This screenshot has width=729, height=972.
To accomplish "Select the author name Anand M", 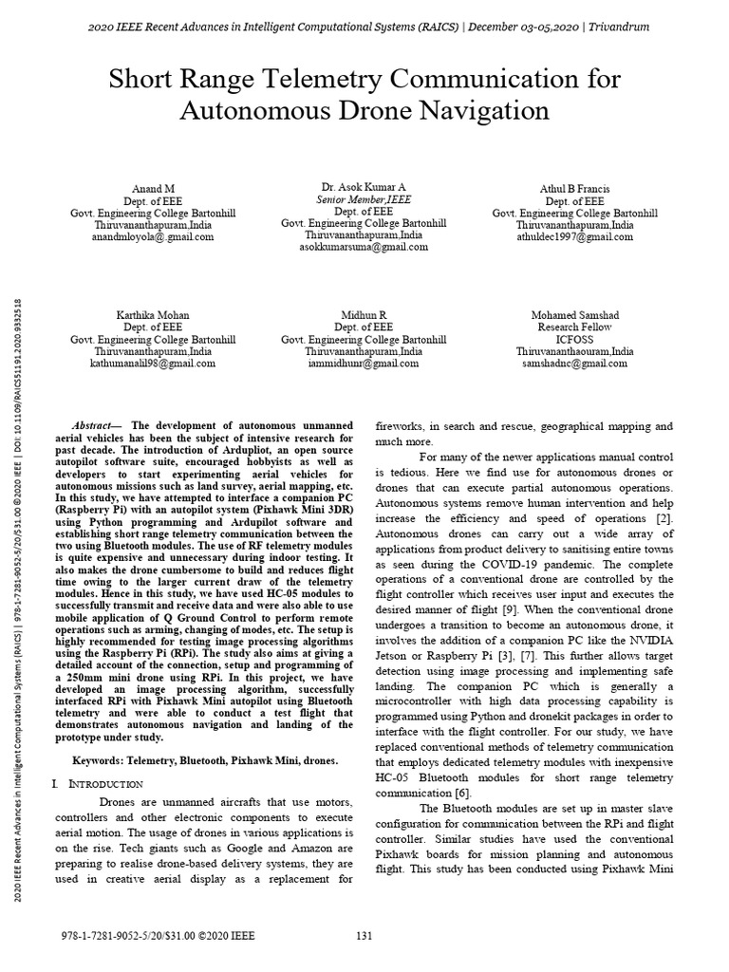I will pos(153,190).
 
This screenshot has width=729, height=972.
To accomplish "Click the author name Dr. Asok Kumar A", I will pos(364,189).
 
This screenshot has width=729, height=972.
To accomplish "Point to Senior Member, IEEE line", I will pos(364,200).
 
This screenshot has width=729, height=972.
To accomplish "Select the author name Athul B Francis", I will pos(574,190).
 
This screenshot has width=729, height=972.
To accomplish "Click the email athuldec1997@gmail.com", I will pos(574,237).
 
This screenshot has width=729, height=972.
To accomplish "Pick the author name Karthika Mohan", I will pos(153,315).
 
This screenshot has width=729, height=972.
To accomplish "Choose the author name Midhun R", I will pos(364,315).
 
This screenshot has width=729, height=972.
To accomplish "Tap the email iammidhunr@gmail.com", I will pos(364,364).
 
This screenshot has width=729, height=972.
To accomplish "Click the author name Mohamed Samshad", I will pos(574,315).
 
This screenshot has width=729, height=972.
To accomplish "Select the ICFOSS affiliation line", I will pos(574,339).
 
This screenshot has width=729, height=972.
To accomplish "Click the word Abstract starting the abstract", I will pos(96,425).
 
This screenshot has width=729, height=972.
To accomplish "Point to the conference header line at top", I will pos(364,28).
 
